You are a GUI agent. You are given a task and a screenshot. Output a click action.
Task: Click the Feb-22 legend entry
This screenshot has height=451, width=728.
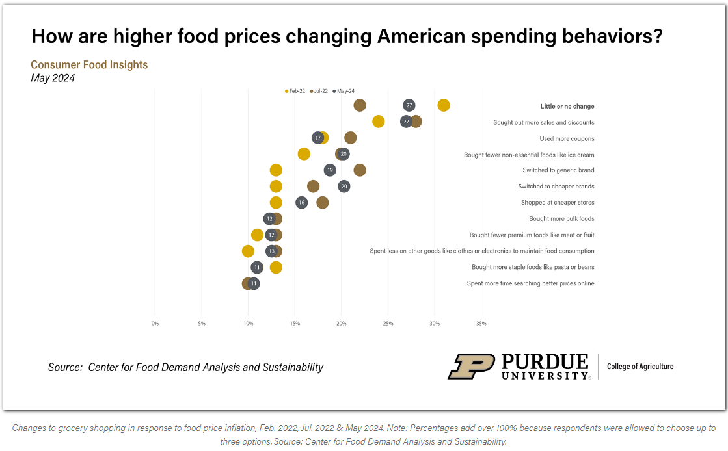295,91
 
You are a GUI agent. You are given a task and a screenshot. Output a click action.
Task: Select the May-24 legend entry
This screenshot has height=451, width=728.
344,91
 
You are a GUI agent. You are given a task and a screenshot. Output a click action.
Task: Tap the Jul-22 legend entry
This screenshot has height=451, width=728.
319,91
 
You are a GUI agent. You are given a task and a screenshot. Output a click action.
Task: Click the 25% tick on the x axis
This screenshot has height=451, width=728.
388,323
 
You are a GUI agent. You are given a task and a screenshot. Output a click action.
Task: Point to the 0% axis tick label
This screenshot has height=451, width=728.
155,323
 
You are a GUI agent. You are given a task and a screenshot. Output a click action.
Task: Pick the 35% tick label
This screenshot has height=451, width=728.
481,323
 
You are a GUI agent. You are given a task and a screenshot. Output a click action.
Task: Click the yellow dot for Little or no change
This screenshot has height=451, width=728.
444,105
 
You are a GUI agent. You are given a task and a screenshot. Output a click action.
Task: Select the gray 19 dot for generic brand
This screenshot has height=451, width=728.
330,170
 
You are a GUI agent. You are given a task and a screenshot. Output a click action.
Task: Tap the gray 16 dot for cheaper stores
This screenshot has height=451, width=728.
301,203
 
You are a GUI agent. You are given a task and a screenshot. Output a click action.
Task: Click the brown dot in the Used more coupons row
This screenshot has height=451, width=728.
351,138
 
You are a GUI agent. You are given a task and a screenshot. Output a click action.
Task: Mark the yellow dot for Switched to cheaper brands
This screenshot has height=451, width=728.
276,187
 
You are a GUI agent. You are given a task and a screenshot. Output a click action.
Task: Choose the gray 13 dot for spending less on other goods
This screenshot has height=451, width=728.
271,251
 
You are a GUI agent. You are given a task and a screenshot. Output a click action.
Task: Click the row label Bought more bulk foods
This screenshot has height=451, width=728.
561,219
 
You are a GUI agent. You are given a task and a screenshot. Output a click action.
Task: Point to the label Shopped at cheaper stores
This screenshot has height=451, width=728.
557,203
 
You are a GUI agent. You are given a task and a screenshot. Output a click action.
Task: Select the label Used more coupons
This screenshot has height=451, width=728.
567,138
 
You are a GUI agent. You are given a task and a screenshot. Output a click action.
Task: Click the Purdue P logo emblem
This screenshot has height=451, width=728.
471,367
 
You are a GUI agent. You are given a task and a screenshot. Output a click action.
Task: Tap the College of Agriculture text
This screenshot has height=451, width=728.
640,367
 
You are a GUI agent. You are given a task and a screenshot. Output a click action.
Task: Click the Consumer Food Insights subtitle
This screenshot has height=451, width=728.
89,65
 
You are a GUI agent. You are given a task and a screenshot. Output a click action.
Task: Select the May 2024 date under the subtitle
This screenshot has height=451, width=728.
53,78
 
